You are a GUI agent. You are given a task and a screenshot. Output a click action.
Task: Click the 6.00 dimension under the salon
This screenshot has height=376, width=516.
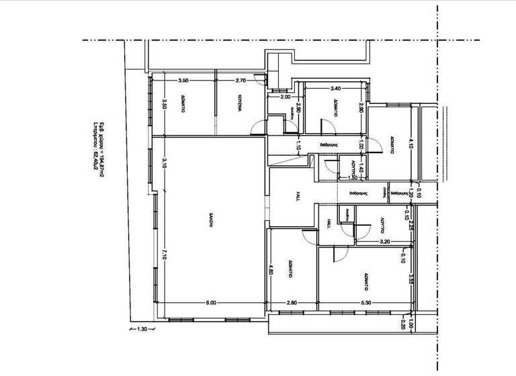click(210, 303)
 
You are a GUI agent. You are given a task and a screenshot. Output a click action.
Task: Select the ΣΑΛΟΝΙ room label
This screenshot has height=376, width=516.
click(210, 222)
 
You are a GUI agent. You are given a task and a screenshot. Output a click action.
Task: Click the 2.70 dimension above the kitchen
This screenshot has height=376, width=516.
click(242, 81)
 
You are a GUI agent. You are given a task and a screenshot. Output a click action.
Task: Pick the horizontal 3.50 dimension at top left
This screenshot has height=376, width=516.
click(183, 81)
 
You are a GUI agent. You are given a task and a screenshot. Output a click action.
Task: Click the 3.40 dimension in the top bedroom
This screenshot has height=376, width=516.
click(335, 88)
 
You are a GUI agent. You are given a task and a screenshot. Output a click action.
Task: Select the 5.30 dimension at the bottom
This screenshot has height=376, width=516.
click(365, 303)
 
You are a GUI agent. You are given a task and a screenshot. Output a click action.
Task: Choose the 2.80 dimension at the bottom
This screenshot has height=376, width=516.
click(292, 303)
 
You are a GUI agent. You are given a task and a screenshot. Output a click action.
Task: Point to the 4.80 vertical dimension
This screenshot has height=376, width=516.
click(271, 271)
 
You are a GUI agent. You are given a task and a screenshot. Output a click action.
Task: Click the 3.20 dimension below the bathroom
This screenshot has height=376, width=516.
click(385, 240)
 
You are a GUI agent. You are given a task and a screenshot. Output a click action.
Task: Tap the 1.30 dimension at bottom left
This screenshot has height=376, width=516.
click(142, 329)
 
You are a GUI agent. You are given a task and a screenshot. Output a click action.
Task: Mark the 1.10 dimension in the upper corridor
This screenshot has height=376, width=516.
click(299, 144)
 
